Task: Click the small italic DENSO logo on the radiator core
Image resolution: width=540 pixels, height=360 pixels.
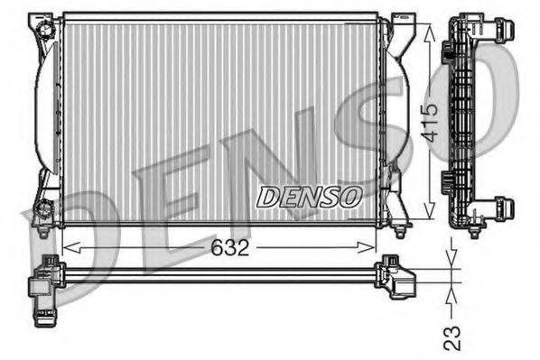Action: pos(310,195)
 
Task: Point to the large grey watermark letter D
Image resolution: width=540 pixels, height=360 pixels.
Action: pos(54,244)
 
